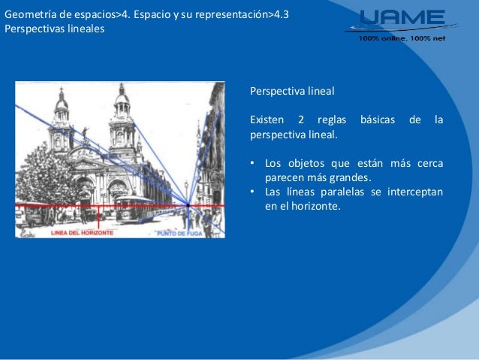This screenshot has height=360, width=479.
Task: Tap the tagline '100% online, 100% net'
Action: coord(401,38)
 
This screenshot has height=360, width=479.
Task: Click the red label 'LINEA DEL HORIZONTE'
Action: coord(83,233)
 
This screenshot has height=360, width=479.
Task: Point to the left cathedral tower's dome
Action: coord(62,101)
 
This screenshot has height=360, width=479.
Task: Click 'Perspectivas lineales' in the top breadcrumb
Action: coord(54,29)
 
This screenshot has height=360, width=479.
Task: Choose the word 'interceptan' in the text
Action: coord(414,192)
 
